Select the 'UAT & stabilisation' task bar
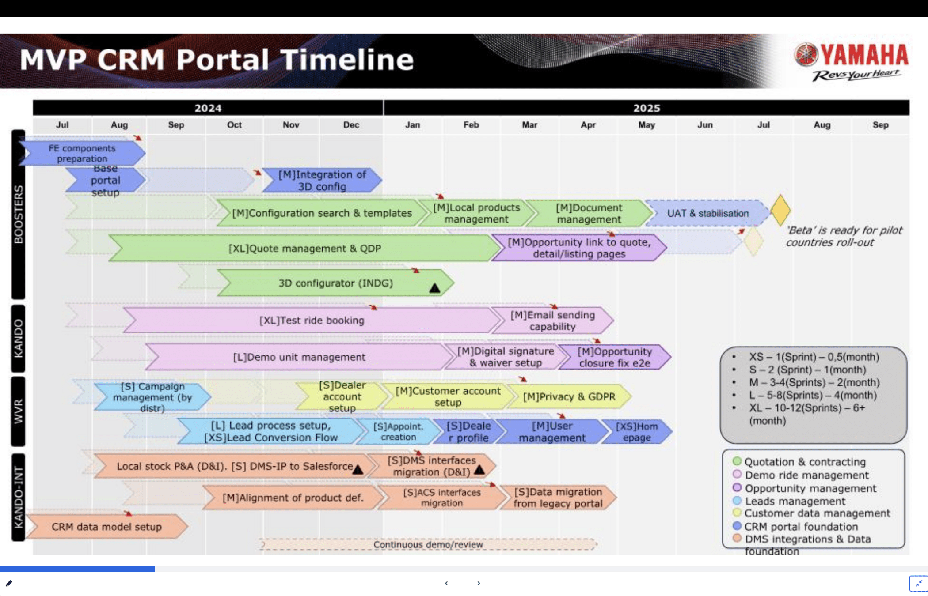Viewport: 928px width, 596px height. tap(707, 213)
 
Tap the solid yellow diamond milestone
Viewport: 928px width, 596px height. tap(780, 210)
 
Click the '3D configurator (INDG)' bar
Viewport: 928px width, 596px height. tap(335, 283)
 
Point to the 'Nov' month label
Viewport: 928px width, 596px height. tap(291, 125)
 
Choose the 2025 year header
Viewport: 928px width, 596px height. tap(646, 108)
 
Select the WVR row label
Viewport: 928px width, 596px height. tap(18, 411)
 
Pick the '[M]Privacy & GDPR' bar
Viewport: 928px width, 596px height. tap(569, 396)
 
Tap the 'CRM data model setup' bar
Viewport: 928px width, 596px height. tap(106, 527)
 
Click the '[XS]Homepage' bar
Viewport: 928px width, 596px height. tap(636, 432)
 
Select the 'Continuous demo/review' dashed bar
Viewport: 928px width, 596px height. tap(428, 544)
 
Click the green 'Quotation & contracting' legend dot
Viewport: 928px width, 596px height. tap(737, 461)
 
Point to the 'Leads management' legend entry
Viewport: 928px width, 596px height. tap(795, 501)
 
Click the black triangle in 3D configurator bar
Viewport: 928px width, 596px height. tap(435, 289)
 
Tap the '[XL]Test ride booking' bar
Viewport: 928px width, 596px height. tap(312, 320)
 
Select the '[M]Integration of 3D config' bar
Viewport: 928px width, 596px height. tap(322, 181)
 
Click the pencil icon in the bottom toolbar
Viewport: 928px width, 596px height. tap(9, 583)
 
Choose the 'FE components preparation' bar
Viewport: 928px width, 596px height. tap(82, 153)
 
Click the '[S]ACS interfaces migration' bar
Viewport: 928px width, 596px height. tap(441, 498)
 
